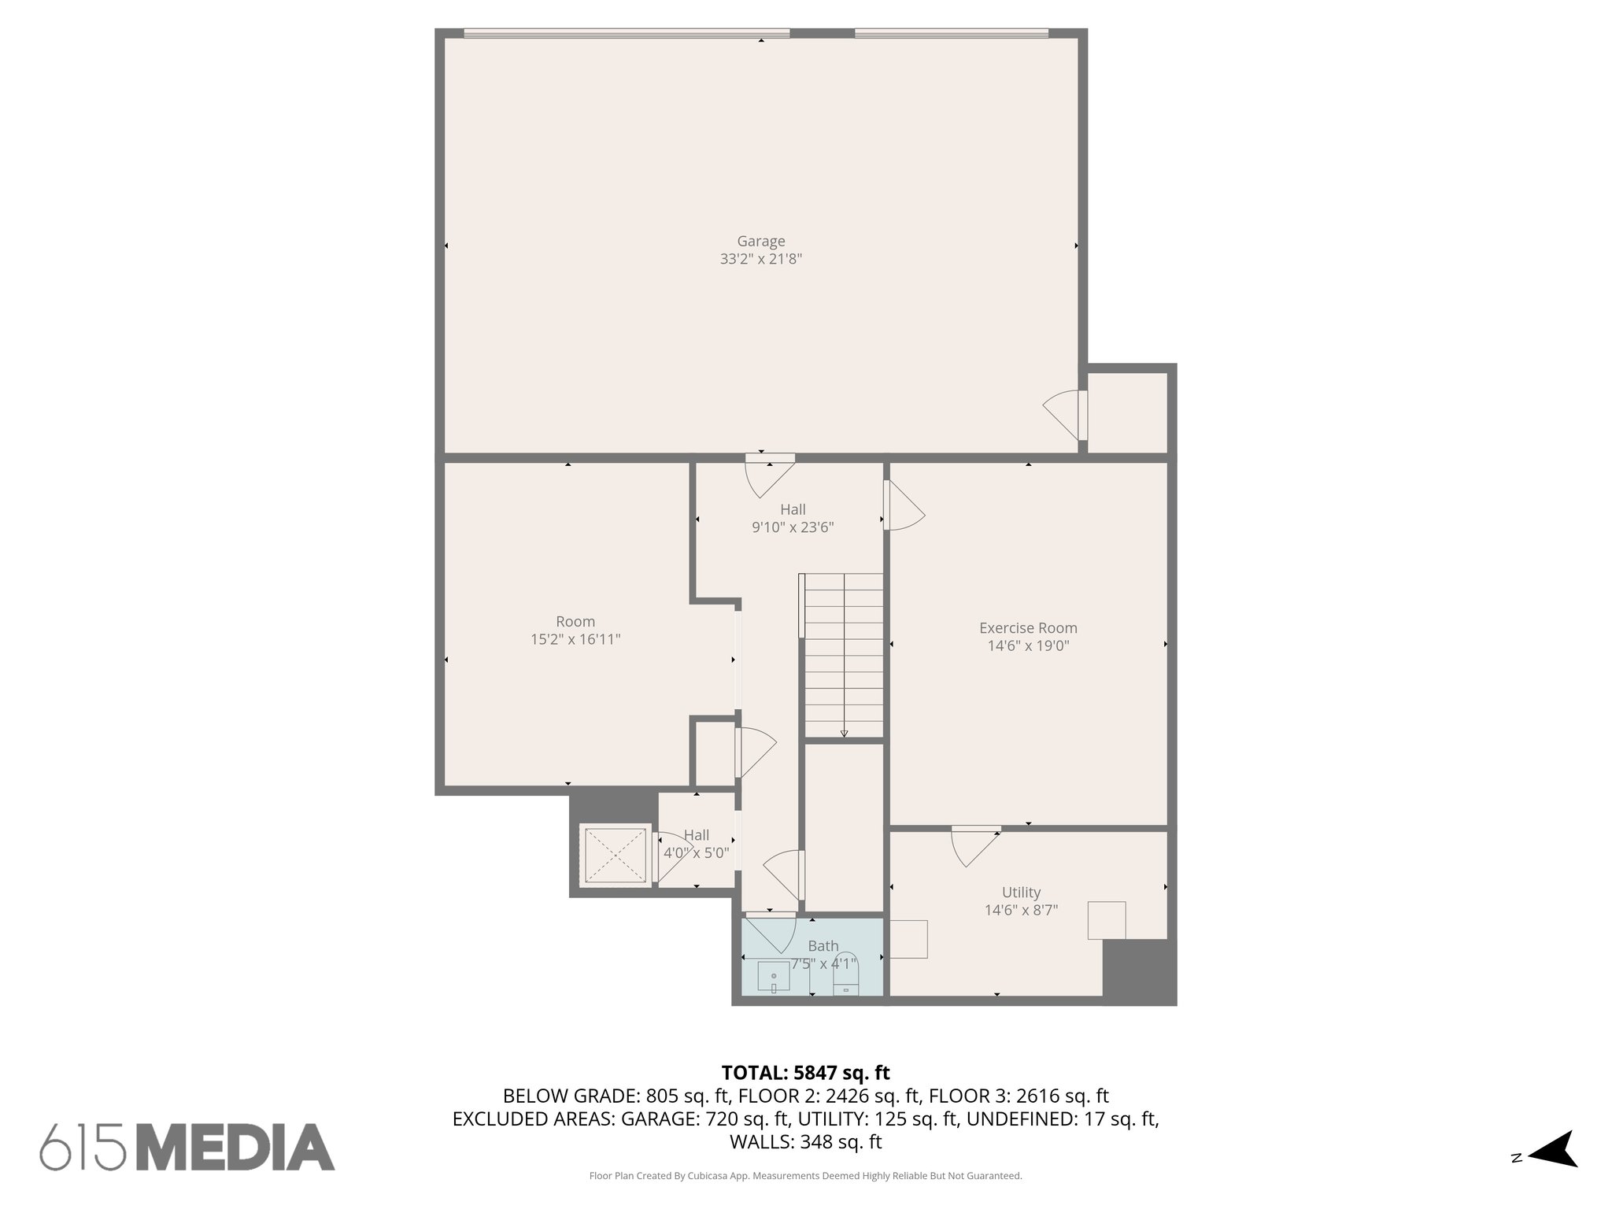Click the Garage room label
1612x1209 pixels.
(760, 242)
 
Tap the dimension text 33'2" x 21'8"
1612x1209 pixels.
(760, 259)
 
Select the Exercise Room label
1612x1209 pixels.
(1028, 628)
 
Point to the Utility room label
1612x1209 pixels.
(1021, 893)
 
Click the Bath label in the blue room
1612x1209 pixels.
(823, 946)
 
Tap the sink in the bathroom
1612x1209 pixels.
(774, 977)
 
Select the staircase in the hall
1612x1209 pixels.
(843, 655)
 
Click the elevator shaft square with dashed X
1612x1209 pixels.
(615, 855)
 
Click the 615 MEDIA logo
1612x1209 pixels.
(187, 1147)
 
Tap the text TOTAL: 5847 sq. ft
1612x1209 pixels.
(805, 1073)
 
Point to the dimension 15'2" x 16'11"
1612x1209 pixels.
(575, 640)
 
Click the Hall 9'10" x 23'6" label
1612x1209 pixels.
(793, 518)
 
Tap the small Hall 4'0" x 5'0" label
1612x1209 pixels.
(697, 844)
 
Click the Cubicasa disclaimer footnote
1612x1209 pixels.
(805, 1176)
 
